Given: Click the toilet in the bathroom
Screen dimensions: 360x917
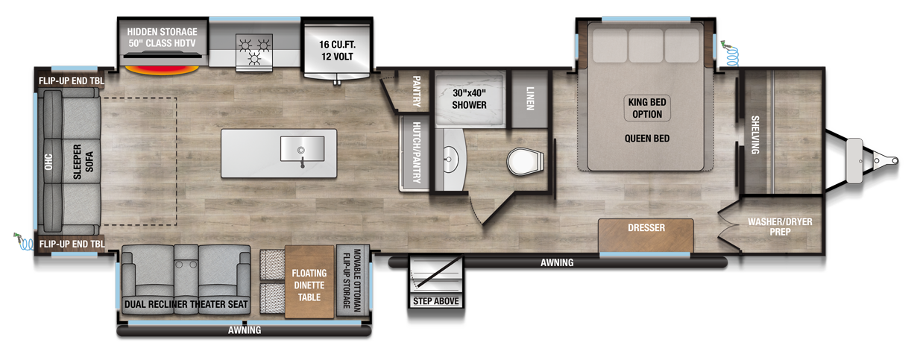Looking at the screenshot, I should point(524,160).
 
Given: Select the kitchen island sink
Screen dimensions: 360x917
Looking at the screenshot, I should point(302,148).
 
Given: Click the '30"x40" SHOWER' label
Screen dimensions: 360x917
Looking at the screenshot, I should point(469,99).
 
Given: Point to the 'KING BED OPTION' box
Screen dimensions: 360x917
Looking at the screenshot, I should point(647,109).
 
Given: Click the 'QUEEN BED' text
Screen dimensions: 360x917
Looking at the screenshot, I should point(647,139).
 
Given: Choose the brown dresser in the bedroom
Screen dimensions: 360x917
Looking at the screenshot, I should point(646,234).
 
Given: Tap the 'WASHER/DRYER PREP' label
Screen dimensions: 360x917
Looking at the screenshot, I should point(781,227).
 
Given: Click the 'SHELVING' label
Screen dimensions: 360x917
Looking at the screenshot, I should point(754,135).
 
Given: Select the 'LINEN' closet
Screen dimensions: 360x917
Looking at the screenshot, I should point(529,98).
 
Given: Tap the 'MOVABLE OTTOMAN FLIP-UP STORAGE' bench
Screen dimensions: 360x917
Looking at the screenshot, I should point(347,280).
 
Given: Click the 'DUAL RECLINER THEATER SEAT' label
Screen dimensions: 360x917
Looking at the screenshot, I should point(186,304).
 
